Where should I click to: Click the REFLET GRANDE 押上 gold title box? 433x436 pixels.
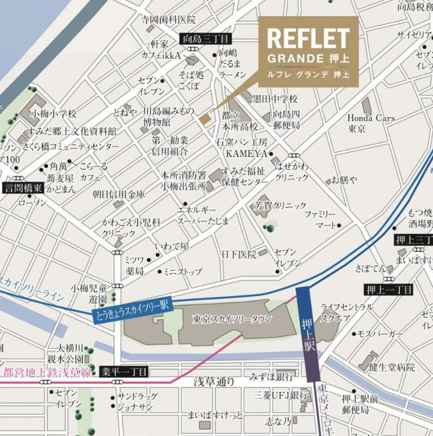[x=308, y=51]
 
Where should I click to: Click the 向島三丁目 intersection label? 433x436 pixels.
[x=206, y=39]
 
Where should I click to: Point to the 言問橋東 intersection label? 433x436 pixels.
[x=23, y=188]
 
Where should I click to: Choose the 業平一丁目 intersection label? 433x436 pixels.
[x=124, y=372]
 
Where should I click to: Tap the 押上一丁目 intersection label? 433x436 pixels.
[x=389, y=290]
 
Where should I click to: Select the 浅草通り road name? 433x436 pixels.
[x=215, y=382]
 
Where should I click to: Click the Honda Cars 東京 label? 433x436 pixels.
[x=372, y=124]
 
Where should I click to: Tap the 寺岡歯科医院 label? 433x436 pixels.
[x=168, y=20]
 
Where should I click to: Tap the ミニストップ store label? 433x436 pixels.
[x=183, y=272]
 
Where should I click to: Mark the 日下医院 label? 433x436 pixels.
[x=239, y=254]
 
